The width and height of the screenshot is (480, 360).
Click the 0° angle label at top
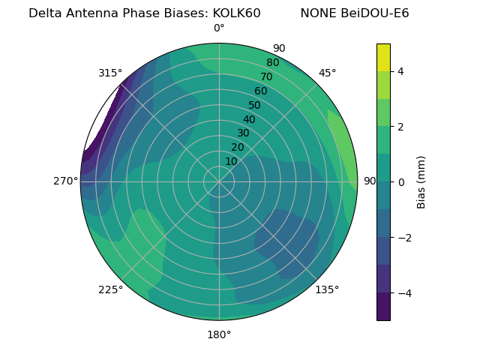point(219,28)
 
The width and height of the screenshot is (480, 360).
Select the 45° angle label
point(327,73)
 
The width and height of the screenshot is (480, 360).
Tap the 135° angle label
point(327,289)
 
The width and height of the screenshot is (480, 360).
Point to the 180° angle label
point(219,334)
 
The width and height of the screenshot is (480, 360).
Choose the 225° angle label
point(110,289)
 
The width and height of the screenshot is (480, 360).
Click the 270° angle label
point(65,181)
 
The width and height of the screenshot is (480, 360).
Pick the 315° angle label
point(110,73)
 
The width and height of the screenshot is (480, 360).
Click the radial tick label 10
point(231,161)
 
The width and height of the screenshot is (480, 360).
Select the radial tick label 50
point(254,105)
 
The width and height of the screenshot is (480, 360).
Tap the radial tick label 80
point(272,62)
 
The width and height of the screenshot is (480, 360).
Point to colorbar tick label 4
point(401,71)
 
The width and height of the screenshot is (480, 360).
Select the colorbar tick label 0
point(401,182)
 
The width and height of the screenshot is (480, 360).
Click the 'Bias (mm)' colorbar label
point(421,181)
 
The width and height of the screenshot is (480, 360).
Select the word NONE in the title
point(316,13)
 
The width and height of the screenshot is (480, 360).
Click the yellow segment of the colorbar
point(383,57)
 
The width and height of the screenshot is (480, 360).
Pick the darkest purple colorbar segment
point(383,307)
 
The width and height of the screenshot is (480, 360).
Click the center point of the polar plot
point(219,181)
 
